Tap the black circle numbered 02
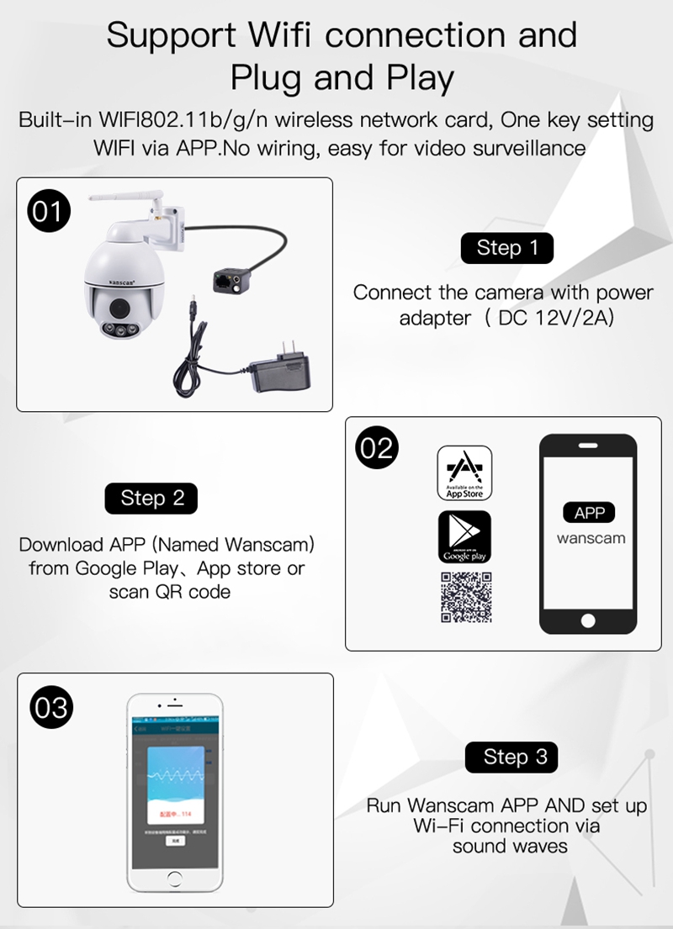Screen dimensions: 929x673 click(x=376, y=448)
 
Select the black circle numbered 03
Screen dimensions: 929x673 click(x=51, y=707)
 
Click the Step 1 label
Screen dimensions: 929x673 click(x=506, y=248)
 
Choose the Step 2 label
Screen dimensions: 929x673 click(x=151, y=498)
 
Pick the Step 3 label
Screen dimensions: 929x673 click(x=515, y=757)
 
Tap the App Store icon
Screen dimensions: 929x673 click(x=464, y=473)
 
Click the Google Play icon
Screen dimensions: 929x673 click(x=464, y=536)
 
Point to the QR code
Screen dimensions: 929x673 click(x=465, y=597)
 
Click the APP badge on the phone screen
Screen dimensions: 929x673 click(x=589, y=513)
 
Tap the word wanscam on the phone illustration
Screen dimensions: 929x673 click(x=591, y=538)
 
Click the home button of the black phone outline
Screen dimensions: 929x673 click(x=588, y=620)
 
